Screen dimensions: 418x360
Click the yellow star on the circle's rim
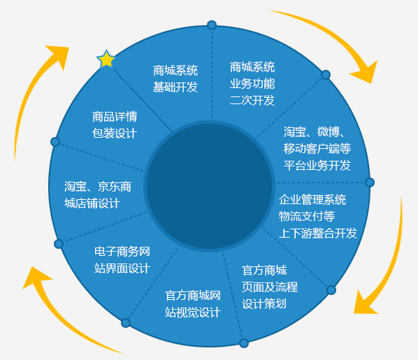106,59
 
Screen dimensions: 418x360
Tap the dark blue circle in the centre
209,186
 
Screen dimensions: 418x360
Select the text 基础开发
175,87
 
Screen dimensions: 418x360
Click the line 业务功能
252,84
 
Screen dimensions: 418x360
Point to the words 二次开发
252,101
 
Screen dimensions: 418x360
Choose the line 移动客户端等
317,148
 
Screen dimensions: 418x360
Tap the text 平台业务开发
317,166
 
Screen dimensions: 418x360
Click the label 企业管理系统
312,200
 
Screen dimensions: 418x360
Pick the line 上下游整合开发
318,233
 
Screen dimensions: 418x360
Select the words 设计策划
264,304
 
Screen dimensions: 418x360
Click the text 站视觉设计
193,312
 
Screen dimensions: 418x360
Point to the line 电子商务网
122,252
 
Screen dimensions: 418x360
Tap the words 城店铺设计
92,203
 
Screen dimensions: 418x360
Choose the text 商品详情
115,117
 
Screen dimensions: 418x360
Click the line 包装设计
115,134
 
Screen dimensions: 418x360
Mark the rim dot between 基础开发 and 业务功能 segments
212,25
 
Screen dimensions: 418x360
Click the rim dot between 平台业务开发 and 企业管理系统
370,182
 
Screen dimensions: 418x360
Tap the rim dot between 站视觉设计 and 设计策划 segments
244,343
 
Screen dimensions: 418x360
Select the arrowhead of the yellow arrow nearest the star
59,56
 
